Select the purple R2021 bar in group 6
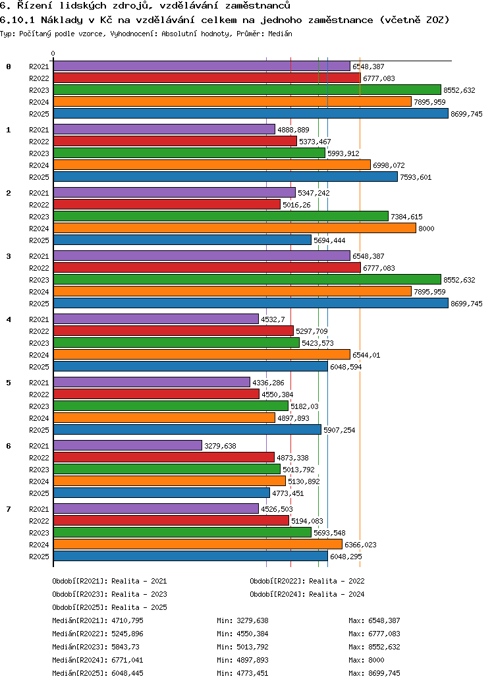[127, 446]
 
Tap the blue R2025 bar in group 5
[187, 430]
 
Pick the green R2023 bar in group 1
[189, 153]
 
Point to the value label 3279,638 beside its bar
[220, 446]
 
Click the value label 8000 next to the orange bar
[425, 229]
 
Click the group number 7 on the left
[9, 509]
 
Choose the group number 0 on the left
[9, 67]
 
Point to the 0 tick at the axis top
[53, 53]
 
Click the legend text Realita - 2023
[139, 594]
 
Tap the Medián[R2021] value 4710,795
[127, 620]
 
